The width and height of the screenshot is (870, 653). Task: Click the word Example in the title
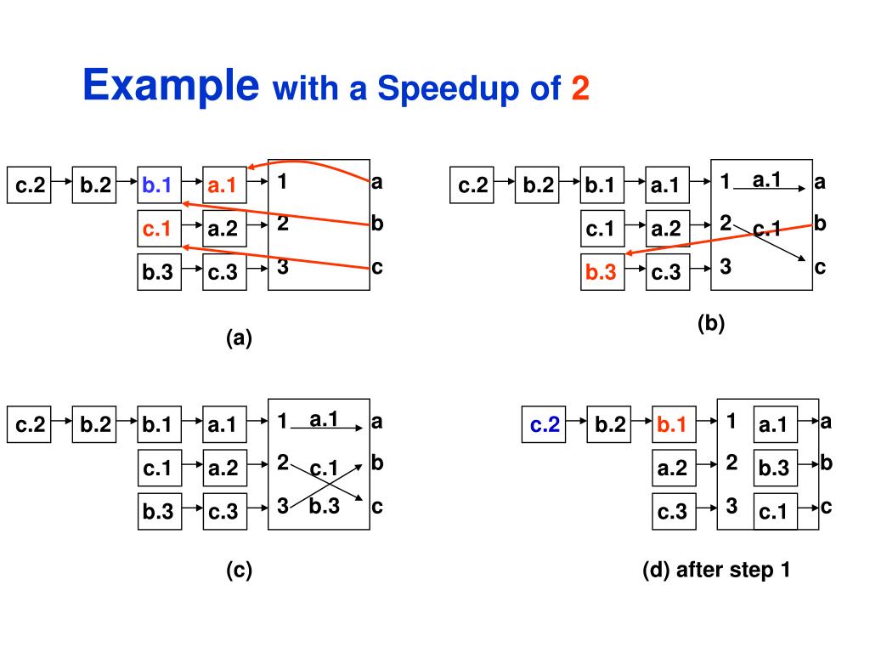(x=171, y=86)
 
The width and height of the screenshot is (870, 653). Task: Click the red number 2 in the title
(x=579, y=88)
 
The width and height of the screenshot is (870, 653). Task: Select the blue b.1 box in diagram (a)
(x=158, y=185)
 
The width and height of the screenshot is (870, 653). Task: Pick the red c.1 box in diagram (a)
(x=158, y=228)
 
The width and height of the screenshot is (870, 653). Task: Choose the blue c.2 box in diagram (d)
(x=545, y=423)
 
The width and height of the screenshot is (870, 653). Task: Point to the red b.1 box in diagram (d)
(x=671, y=423)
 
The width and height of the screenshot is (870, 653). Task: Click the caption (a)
(x=239, y=338)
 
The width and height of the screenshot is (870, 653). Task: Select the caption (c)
(x=239, y=570)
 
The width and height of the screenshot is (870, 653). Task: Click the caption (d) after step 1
(x=717, y=570)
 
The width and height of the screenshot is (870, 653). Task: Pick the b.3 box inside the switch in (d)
(x=774, y=468)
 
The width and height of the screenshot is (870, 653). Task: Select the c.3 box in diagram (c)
(x=223, y=512)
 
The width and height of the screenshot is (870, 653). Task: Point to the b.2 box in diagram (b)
(x=538, y=185)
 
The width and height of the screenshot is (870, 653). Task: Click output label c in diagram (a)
(x=376, y=267)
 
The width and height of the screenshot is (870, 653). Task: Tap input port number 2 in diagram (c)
(x=283, y=463)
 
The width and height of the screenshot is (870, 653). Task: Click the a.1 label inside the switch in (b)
(x=766, y=179)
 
